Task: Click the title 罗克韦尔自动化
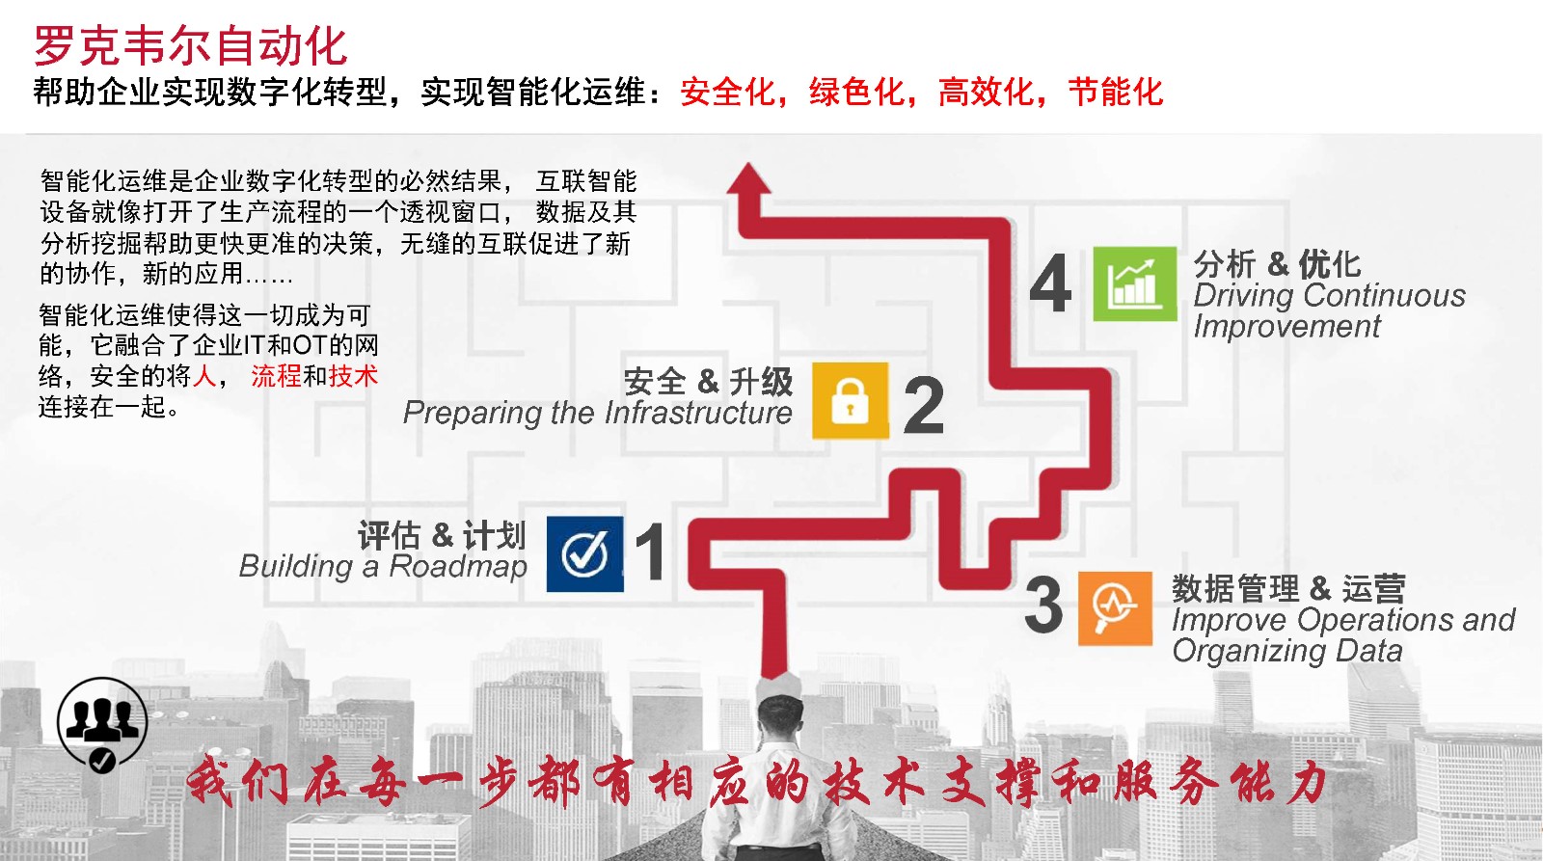pos(190,46)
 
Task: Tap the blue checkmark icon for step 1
pos(584,553)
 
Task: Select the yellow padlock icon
pos(850,400)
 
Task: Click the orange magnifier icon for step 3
pos(1115,608)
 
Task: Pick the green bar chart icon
pos(1134,283)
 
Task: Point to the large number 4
pos(1050,283)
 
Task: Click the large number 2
pos(923,405)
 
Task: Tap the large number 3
pos(1044,605)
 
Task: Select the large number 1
pos(650,552)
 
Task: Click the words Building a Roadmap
pos(383,567)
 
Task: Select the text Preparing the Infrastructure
pos(597,414)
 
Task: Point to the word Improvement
pos(1286,326)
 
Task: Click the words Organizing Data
pos(1286,651)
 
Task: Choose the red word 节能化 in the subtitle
pos(1116,92)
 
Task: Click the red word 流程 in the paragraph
pos(276,376)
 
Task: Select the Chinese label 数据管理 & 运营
pos(1288,589)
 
